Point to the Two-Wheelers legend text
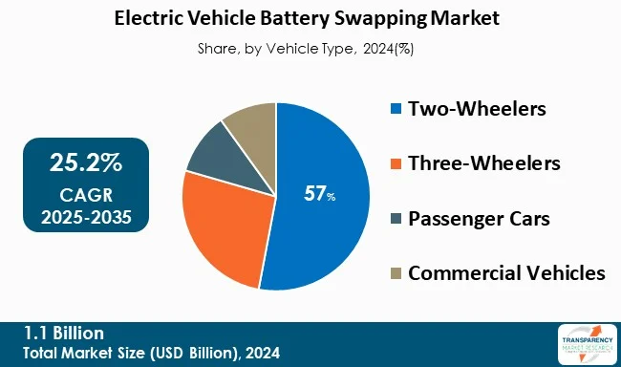pyautogui.click(x=477, y=108)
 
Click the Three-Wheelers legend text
pyautogui.click(x=484, y=163)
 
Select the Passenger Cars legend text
pyautogui.click(x=479, y=218)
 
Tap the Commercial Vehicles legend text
pyautogui.click(x=506, y=273)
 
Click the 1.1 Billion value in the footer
pyautogui.click(x=65, y=333)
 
